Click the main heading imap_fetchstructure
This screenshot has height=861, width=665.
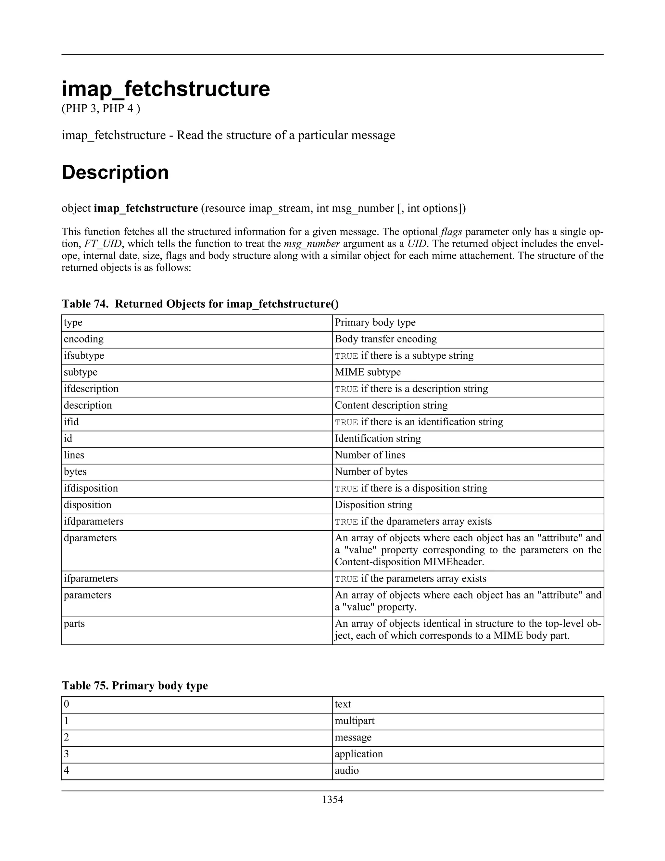(166, 89)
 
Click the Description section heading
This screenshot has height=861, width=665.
(115, 172)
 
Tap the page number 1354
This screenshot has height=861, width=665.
(332, 800)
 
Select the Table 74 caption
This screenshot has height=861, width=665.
(200, 304)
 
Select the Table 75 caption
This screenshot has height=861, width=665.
(135, 686)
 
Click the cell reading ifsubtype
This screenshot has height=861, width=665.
(84, 355)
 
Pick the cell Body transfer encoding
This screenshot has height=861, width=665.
(386, 339)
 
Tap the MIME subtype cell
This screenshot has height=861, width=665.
(368, 372)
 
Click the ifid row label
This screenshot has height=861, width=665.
(71, 422)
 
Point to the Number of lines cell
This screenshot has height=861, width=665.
(370, 455)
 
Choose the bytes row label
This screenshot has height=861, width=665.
(75, 471)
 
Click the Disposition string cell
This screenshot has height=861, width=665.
(373, 505)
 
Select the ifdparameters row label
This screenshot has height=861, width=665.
(94, 521)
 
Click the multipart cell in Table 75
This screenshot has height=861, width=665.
(355, 721)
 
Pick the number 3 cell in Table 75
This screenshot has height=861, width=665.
(67, 754)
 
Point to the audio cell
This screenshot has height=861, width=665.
(347, 770)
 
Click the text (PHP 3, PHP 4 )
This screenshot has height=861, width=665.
(101, 109)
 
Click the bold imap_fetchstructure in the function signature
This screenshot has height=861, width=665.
(146, 208)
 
